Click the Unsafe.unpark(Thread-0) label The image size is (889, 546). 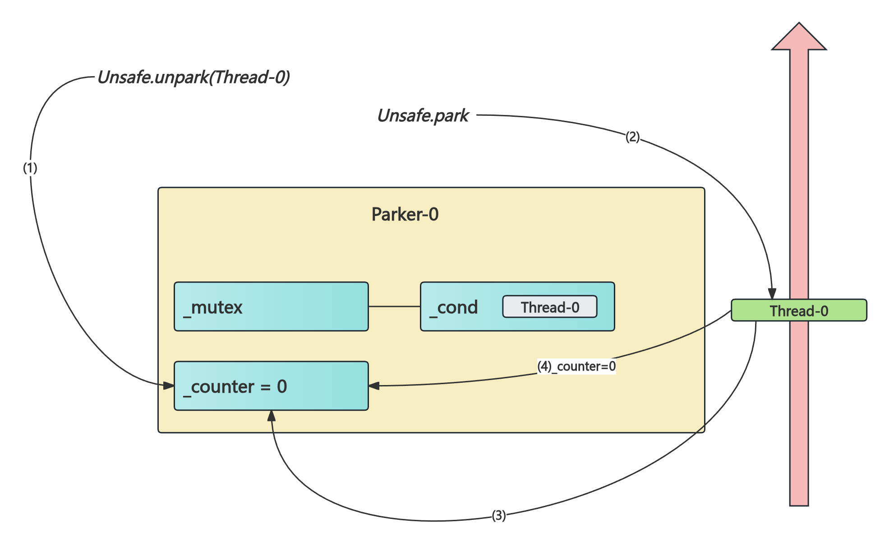(x=193, y=77)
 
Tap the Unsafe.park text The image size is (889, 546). (x=423, y=116)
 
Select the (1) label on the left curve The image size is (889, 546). (x=30, y=168)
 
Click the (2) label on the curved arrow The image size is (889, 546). (x=632, y=136)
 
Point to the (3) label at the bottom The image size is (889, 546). (x=498, y=515)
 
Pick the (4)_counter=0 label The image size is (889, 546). (x=576, y=366)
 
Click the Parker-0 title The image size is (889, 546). (x=405, y=214)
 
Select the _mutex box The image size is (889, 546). (x=271, y=307)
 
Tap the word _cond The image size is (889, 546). (x=454, y=307)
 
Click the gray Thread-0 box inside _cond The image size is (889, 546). (x=549, y=307)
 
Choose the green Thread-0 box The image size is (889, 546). (x=798, y=311)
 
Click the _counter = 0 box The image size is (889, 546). (x=271, y=386)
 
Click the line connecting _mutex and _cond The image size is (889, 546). (x=394, y=307)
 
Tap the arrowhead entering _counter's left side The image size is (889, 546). (x=169, y=385)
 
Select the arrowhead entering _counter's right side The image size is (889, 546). (x=374, y=386)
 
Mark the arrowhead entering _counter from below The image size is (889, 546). (x=272, y=415)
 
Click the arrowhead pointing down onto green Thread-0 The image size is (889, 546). (x=772, y=294)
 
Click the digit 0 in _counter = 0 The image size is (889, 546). (x=282, y=386)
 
